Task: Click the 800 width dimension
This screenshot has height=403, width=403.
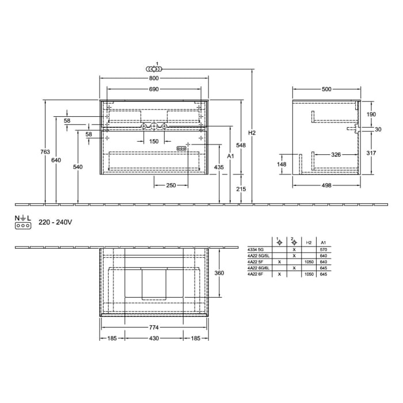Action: click(x=153, y=78)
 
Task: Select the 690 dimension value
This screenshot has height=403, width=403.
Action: click(x=153, y=89)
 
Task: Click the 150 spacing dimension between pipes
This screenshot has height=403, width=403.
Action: click(x=153, y=141)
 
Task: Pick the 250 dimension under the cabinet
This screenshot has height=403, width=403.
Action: click(x=171, y=185)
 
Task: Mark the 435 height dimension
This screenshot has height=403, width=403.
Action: click(x=219, y=167)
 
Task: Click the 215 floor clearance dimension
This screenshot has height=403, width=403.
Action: click(x=242, y=189)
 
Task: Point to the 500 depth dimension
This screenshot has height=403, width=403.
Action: click(x=326, y=89)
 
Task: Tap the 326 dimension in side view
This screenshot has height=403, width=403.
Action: click(x=337, y=155)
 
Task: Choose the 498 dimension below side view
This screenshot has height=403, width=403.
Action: click(x=326, y=185)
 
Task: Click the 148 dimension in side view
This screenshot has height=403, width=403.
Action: click(x=282, y=164)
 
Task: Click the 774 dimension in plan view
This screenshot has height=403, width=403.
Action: click(x=153, y=327)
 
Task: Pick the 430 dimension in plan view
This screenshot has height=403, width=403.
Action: click(x=153, y=338)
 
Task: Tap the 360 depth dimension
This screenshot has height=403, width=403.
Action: click(x=219, y=273)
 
